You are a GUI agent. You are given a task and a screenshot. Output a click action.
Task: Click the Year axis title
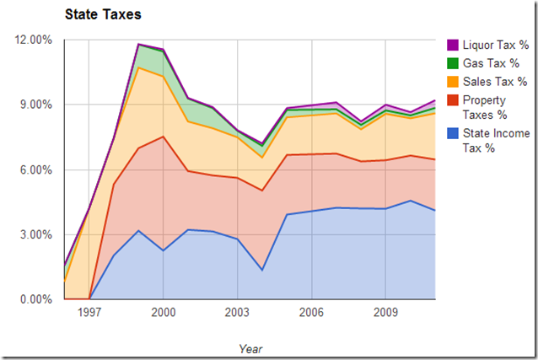(x=250, y=347)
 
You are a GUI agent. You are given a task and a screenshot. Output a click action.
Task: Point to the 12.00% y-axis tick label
(x=33, y=40)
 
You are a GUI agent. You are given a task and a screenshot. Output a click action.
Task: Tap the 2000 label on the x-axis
(x=163, y=313)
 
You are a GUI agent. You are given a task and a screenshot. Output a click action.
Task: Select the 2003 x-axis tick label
(x=237, y=313)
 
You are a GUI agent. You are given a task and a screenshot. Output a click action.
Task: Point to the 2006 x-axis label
(x=311, y=313)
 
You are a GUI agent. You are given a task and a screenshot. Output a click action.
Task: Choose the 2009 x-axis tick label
(x=385, y=313)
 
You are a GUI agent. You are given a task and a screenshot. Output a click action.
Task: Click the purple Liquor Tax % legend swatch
(x=452, y=45)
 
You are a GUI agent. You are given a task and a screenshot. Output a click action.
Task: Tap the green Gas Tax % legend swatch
(x=452, y=63)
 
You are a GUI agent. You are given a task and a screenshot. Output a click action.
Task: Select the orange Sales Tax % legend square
(x=452, y=82)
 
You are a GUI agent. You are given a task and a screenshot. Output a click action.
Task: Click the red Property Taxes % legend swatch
(x=452, y=100)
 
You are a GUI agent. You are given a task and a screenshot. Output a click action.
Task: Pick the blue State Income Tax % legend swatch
(x=452, y=132)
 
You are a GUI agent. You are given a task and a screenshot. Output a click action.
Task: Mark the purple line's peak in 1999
(x=138, y=44)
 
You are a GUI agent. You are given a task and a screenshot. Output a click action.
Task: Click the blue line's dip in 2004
(x=262, y=270)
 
